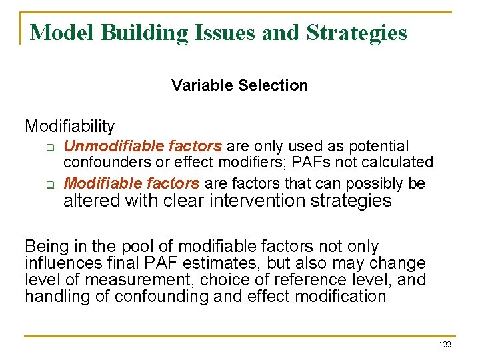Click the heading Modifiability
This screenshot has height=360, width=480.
[x=70, y=126]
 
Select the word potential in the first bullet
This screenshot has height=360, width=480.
[x=378, y=146]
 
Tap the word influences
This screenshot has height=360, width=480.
[x=59, y=263]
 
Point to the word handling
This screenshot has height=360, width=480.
[x=51, y=295]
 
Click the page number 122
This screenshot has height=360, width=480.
[x=445, y=345]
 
